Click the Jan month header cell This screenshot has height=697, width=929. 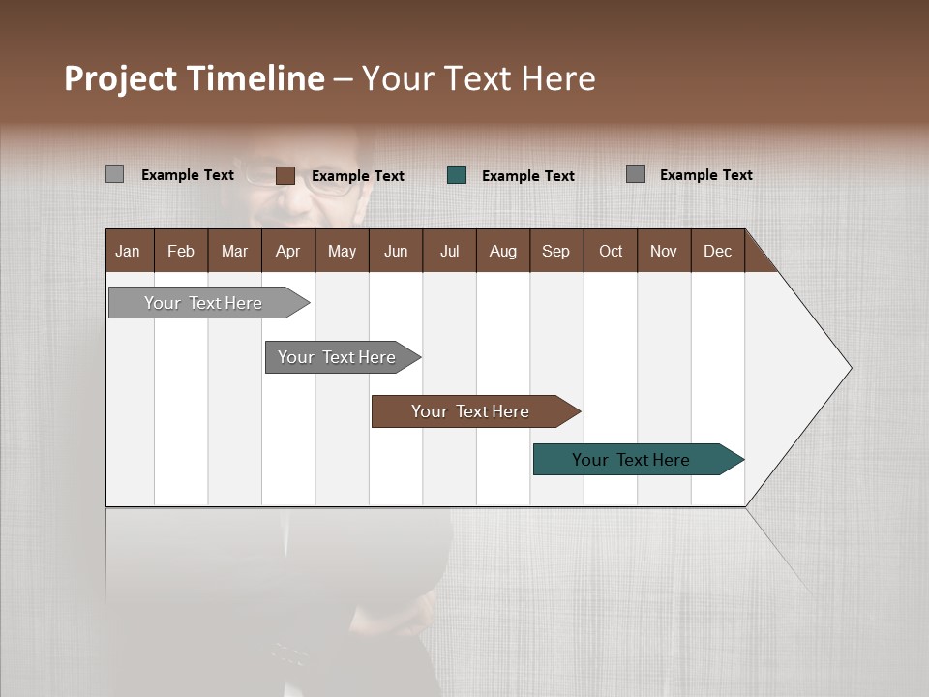pos(129,251)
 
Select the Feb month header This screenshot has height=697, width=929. pos(181,251)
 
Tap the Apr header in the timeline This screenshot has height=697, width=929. pos(287,251)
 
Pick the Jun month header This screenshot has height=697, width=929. pos(396,251)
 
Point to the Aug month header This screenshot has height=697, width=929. pos(502,251)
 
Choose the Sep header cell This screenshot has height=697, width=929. pos(555,251)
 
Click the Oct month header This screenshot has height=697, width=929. pos(611,251)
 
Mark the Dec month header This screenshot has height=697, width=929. pos(717,251)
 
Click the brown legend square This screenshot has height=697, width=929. pos(285,175)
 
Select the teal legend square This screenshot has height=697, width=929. pos(457,175)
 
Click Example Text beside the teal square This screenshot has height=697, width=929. pos(527,175)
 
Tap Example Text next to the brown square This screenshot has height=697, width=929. pos(357,175)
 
